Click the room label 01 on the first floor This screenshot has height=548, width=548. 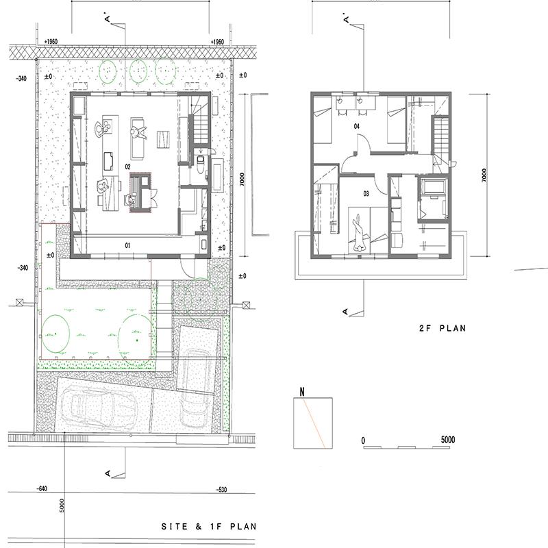coord(127,246)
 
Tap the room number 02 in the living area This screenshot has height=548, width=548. coord(127,167)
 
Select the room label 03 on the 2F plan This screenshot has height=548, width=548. coord(366,193)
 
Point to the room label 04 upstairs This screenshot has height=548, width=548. coord(356,126)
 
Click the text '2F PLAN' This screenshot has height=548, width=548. coord(443,329)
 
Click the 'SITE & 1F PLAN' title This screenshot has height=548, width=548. coord(209,526)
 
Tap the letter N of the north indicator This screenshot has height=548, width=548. coord(302,392)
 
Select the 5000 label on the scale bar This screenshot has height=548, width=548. coord(448,439)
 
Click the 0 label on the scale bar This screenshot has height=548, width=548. coord(363,440)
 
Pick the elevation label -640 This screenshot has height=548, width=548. coord(41,488)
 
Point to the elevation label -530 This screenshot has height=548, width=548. coord(221,490)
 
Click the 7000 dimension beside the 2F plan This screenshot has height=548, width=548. coord(484,175)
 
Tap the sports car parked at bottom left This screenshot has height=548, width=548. coord(99,408)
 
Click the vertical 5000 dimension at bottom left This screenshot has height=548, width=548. coord(62,506)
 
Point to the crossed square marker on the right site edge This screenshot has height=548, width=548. coord(247,305)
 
